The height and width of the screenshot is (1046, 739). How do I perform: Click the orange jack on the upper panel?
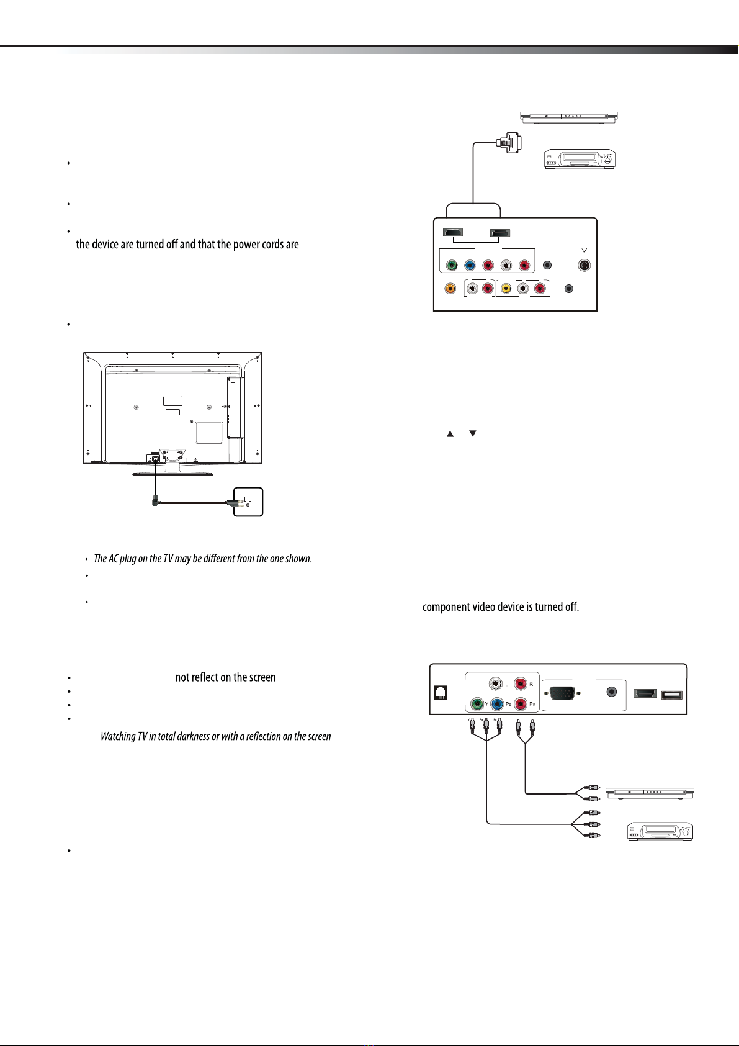450,288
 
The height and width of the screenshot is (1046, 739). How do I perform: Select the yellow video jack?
506,289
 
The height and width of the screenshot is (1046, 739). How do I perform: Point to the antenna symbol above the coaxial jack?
584,252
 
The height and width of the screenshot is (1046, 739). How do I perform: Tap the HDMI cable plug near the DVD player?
509,142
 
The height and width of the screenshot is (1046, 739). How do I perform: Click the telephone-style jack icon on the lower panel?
440,693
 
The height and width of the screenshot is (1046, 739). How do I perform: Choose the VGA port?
562,693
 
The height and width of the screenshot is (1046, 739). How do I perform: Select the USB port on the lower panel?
672,695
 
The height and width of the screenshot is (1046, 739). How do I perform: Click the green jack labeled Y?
477,704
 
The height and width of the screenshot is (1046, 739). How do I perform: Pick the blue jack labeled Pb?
497,704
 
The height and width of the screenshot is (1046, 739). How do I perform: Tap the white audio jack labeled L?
496,683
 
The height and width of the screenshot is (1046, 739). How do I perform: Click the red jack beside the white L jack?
521,683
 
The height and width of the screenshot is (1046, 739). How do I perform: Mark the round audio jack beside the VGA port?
612,692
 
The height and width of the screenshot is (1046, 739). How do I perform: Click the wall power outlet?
248,502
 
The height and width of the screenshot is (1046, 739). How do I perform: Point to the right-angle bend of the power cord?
156,502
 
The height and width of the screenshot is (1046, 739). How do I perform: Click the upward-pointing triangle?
450,434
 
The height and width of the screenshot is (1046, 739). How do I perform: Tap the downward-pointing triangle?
472,433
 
